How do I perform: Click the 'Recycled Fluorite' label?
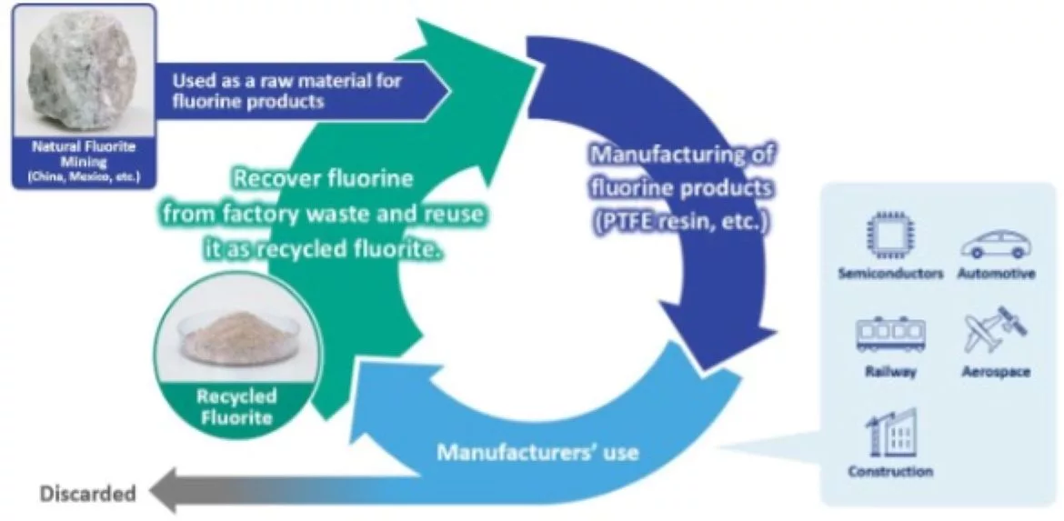[x=236, y=407]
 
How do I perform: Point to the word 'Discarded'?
[x=87, y=494]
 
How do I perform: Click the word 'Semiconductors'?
[x=889, y=274]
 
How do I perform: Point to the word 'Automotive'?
[x=996, y=274]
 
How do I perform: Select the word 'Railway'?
[x=890, y=372]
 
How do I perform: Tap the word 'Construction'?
[x=889, y=471]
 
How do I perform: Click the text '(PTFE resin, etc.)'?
[x=680, y=221]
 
